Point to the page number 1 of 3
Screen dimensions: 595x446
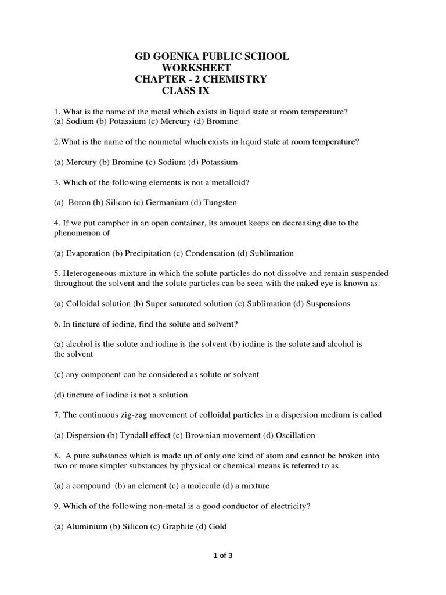coord(223,555)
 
